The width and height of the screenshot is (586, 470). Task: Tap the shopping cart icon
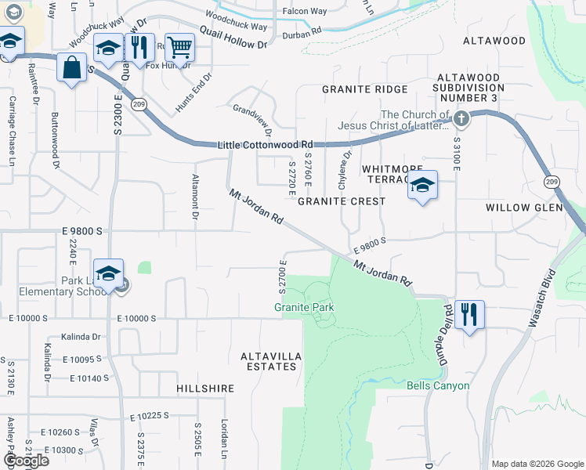(x=179, y=48)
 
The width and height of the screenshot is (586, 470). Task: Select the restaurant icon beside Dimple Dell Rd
(x=469, y=314)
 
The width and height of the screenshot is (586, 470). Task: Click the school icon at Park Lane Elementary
(x=109, y=273)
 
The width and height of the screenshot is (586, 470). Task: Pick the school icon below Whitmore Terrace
(x=422, y=185)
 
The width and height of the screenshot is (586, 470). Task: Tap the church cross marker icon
(x=461, y=119)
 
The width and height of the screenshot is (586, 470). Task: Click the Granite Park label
(x=304, y=307)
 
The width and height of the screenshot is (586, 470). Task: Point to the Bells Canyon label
(x=438, y=385)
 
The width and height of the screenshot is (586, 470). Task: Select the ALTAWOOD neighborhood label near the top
(x=494, y=40)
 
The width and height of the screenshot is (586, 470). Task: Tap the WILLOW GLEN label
(x=524, y=208)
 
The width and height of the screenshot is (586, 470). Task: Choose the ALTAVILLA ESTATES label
(x=270, y=361)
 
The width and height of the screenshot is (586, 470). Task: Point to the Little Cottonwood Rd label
(x=265, y=145)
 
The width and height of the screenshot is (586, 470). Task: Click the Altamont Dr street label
(x=196, y=191)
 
